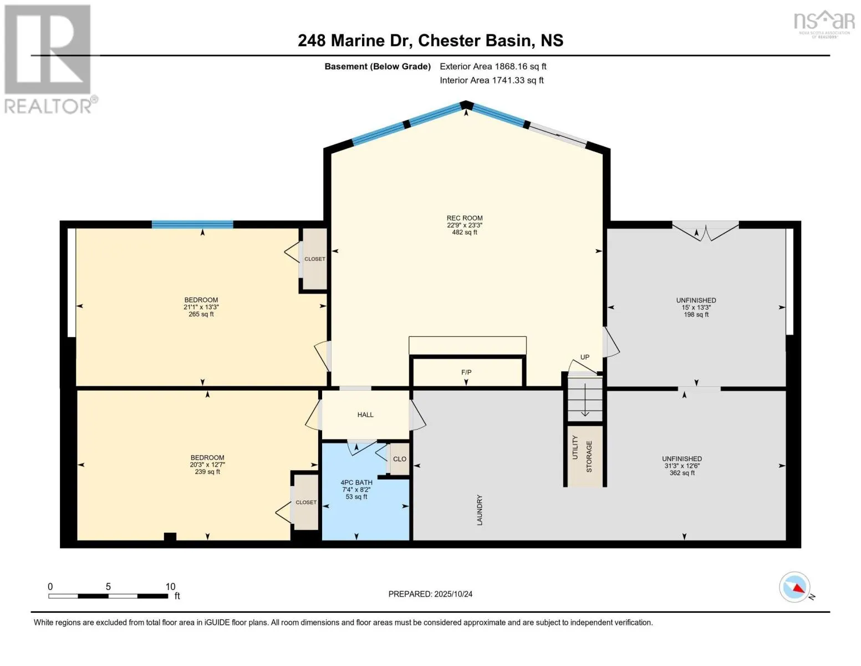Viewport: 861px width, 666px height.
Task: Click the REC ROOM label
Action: coord(465,218)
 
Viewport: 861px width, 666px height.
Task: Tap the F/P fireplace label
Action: coord(466,372)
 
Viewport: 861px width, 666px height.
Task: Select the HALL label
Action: coord(365,415)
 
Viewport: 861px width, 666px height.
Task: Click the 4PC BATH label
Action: coord(356,482)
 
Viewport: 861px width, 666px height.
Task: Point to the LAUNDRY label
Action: coord(480,510)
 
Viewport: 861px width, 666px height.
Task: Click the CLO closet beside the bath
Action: coord(399,459)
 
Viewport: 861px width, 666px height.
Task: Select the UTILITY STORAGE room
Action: coord(584,456)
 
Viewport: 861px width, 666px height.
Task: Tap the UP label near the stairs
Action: coord(584,357)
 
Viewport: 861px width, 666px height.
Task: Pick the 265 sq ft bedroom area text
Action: coord(201,314)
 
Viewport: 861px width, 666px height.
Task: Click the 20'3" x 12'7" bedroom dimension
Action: coord(207,465)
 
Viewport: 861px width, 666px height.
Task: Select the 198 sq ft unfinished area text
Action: coord(696,315)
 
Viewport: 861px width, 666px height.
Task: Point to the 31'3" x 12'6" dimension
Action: coord(682,466)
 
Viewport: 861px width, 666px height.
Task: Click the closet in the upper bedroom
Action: coord(314,259)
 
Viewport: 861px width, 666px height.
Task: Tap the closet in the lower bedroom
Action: coord(306,502)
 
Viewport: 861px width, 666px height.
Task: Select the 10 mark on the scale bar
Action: coord(170,587)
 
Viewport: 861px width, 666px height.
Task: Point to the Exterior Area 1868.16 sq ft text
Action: coord(493,66)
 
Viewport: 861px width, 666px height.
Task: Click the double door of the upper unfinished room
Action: coord(705,231)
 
